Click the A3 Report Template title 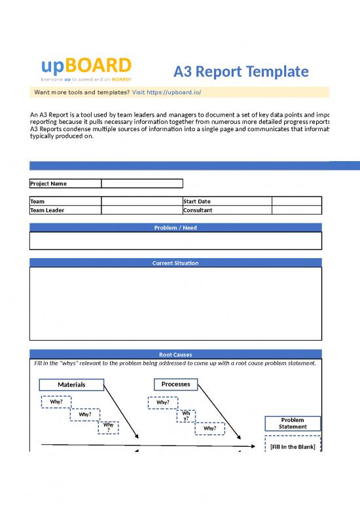pos(240,71)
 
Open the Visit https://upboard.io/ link pos(166,92)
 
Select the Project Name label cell pos(65,183)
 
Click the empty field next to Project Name pos(142,183)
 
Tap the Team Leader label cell pos(65,210)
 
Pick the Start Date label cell pos(227,201)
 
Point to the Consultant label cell pos(227,210)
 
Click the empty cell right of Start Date pos(297,201)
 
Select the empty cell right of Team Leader pos(142,210)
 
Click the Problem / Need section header pos(175,227)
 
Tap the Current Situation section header pos(175,263)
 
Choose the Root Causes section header pos(175,354)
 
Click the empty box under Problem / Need pos(175,240)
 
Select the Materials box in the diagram pos(71,384)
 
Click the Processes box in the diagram pos(175,384)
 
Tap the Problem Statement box pos(293,423)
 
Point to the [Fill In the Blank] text pos(293,447)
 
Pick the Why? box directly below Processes pos(162,402)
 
